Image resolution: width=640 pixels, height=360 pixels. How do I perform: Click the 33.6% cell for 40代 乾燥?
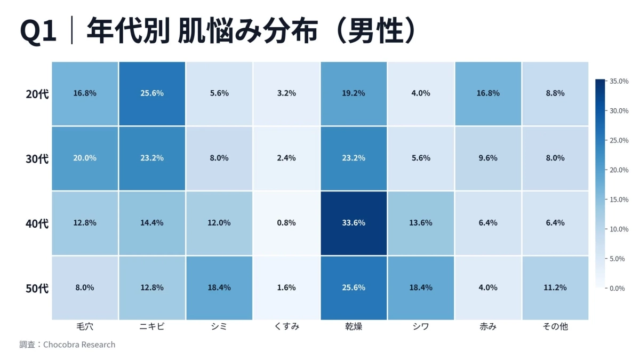pos(353,223)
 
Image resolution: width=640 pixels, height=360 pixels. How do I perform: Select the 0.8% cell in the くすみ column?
pos(286,223)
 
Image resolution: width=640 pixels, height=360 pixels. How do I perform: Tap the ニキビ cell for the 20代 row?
pos(152,93)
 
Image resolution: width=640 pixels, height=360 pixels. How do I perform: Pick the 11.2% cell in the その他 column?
pos(555,287)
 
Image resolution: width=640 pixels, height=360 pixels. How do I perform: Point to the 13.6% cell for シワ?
pos(421,223)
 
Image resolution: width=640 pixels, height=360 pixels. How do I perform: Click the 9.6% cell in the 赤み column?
pos(488,158)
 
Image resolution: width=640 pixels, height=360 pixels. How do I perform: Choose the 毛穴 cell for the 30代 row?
pos(85,158)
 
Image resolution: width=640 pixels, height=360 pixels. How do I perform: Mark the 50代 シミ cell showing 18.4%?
pos(219,287)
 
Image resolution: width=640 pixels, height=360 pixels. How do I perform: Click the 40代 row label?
pos(37,223)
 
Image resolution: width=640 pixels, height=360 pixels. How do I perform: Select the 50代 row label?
pos(37,289)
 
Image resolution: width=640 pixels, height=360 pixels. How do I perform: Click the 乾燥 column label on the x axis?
pos(353,326)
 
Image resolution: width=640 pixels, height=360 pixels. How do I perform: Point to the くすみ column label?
pos(286,326)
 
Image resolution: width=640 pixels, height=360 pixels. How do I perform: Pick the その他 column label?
pos(555,326)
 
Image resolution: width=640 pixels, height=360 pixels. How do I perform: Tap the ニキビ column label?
pos(152,326)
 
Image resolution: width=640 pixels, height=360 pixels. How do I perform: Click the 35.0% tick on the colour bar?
pos(619,81)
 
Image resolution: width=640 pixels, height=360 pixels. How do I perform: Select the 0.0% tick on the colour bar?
pos(618,289)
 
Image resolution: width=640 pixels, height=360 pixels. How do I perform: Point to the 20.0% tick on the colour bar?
pos(619,170)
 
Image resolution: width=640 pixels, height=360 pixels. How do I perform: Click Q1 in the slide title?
pos(38,31)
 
